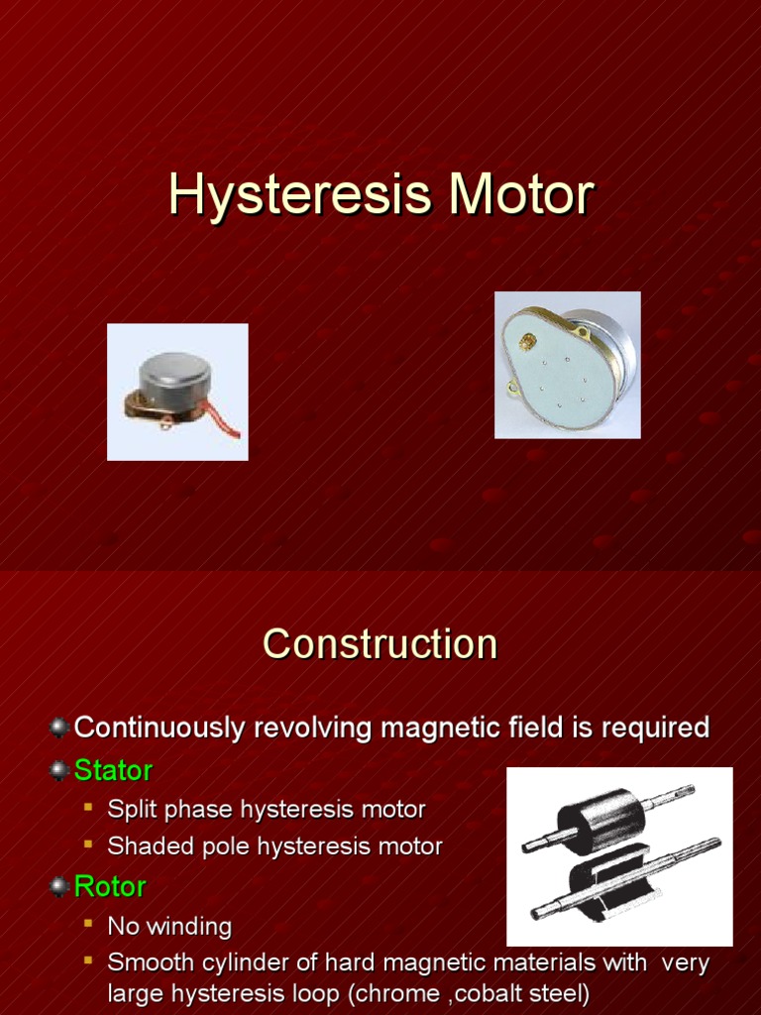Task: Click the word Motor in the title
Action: tap(521, 195)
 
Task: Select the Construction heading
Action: tap(380, 644)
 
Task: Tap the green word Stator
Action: tap(113, 770)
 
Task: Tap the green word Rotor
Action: tap(110, 886)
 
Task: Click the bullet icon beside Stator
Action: tap(59, 770)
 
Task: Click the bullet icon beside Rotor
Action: tap(59, 886)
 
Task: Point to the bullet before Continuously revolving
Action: tap(59, 728)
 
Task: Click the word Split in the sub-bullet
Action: tap(130, 810)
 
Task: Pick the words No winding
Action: tap(169, 927)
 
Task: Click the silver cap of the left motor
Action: tap(174, 373)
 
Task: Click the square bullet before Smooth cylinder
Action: tap(88, 961)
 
